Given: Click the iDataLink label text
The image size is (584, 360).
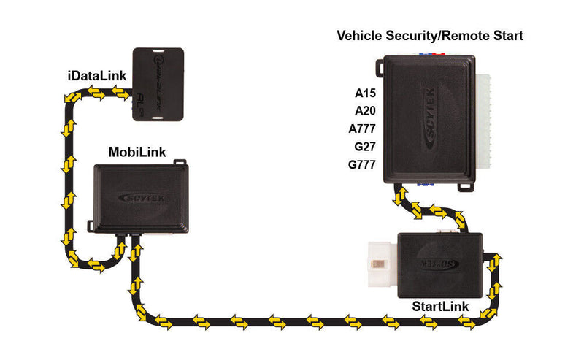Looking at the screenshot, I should (95, 76).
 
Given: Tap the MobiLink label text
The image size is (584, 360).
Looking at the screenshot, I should (137, 153).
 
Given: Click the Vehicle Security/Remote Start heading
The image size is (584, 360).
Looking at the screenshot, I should (429, 35).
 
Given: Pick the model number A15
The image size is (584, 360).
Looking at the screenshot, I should (364, 93).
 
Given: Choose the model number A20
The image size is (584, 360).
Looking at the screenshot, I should (364, 111).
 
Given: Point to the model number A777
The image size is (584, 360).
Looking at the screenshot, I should (362, 129).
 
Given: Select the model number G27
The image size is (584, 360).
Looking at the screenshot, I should (364, 147).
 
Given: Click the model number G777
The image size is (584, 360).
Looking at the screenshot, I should (362, 165).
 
